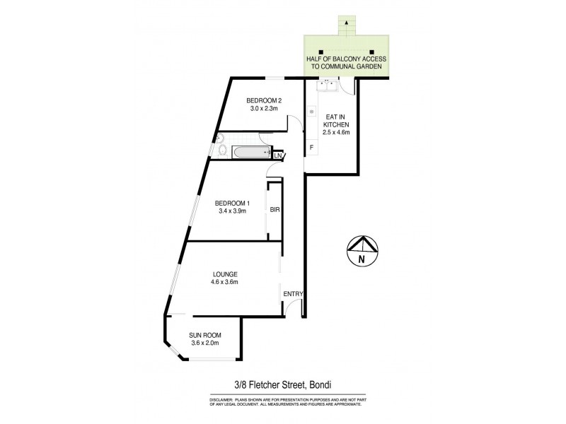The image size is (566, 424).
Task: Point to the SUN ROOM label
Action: (204, 335)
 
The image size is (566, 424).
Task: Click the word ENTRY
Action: (292, 294)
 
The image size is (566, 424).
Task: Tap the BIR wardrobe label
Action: (274, 210)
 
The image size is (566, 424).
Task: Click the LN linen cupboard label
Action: (278, 155)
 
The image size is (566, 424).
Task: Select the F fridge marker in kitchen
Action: (311, 148)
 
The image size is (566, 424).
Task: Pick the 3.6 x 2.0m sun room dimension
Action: (204, 343)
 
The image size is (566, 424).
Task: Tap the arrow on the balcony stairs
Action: (346, 24)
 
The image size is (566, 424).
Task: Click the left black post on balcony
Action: (320, 52)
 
